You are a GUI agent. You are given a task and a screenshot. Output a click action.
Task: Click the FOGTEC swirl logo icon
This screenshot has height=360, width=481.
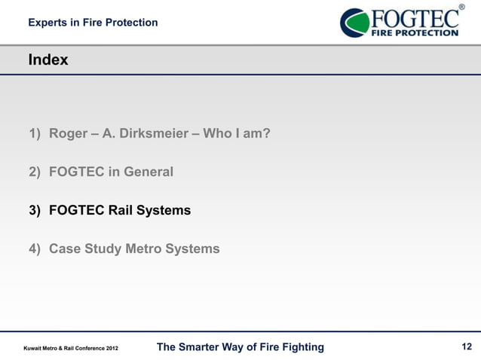(x=355, y=23)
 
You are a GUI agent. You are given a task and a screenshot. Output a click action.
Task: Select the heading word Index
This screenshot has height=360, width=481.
(x=48, y=59)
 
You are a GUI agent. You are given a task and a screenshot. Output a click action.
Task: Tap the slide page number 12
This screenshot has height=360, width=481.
(x=466, y=346)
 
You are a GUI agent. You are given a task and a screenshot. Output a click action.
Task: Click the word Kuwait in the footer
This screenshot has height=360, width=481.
(x=34, y=348)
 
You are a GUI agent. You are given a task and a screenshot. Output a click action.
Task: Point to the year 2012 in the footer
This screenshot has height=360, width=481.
(x=109, y=348)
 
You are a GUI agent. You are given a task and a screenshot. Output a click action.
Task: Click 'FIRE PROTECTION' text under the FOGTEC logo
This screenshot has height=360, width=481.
(x=413, y=32)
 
